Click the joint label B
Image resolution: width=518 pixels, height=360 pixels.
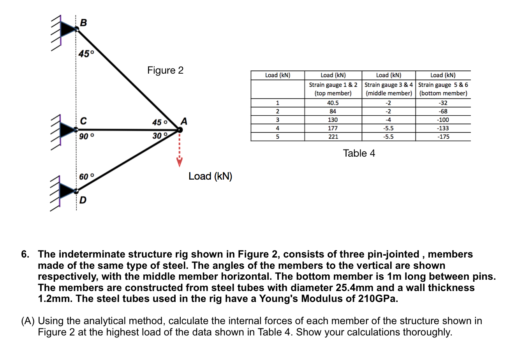83,23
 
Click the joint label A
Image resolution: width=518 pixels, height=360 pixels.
184,121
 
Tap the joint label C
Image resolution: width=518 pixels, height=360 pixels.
83,121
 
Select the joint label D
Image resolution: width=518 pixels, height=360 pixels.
83,200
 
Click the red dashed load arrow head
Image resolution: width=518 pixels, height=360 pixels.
179,162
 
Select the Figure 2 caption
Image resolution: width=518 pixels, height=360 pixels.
165,70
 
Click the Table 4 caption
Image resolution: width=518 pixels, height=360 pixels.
359,153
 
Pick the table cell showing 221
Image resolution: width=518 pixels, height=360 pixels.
333,137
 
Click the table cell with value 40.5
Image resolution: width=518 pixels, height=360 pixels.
333,103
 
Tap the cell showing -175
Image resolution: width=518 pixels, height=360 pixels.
443,137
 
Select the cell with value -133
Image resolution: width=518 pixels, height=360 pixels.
443,128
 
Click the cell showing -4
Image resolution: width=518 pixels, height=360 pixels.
388,120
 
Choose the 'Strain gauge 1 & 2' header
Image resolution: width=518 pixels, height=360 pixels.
333,85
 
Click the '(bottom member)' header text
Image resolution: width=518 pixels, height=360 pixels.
443,93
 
